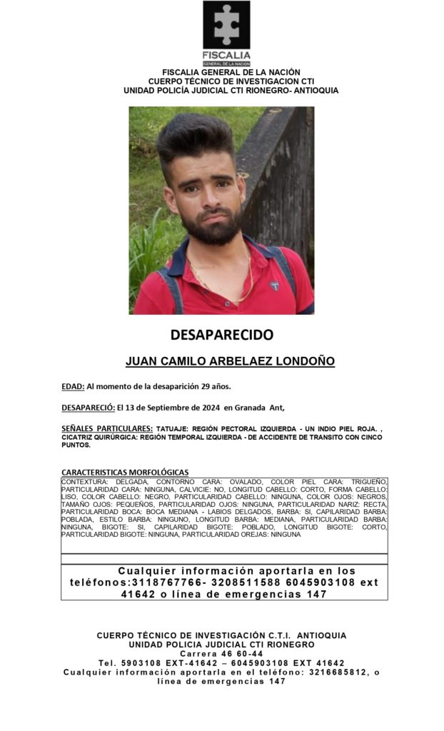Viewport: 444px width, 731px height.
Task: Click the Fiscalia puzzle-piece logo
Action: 226,26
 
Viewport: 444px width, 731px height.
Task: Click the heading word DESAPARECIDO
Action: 221,334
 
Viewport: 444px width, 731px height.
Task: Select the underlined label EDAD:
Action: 73,386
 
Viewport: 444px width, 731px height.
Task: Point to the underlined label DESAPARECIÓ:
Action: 88,407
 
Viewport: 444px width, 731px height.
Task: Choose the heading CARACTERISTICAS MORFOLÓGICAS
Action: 125,472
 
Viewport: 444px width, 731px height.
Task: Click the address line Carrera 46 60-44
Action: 221,653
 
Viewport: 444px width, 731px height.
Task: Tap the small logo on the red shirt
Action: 275,286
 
